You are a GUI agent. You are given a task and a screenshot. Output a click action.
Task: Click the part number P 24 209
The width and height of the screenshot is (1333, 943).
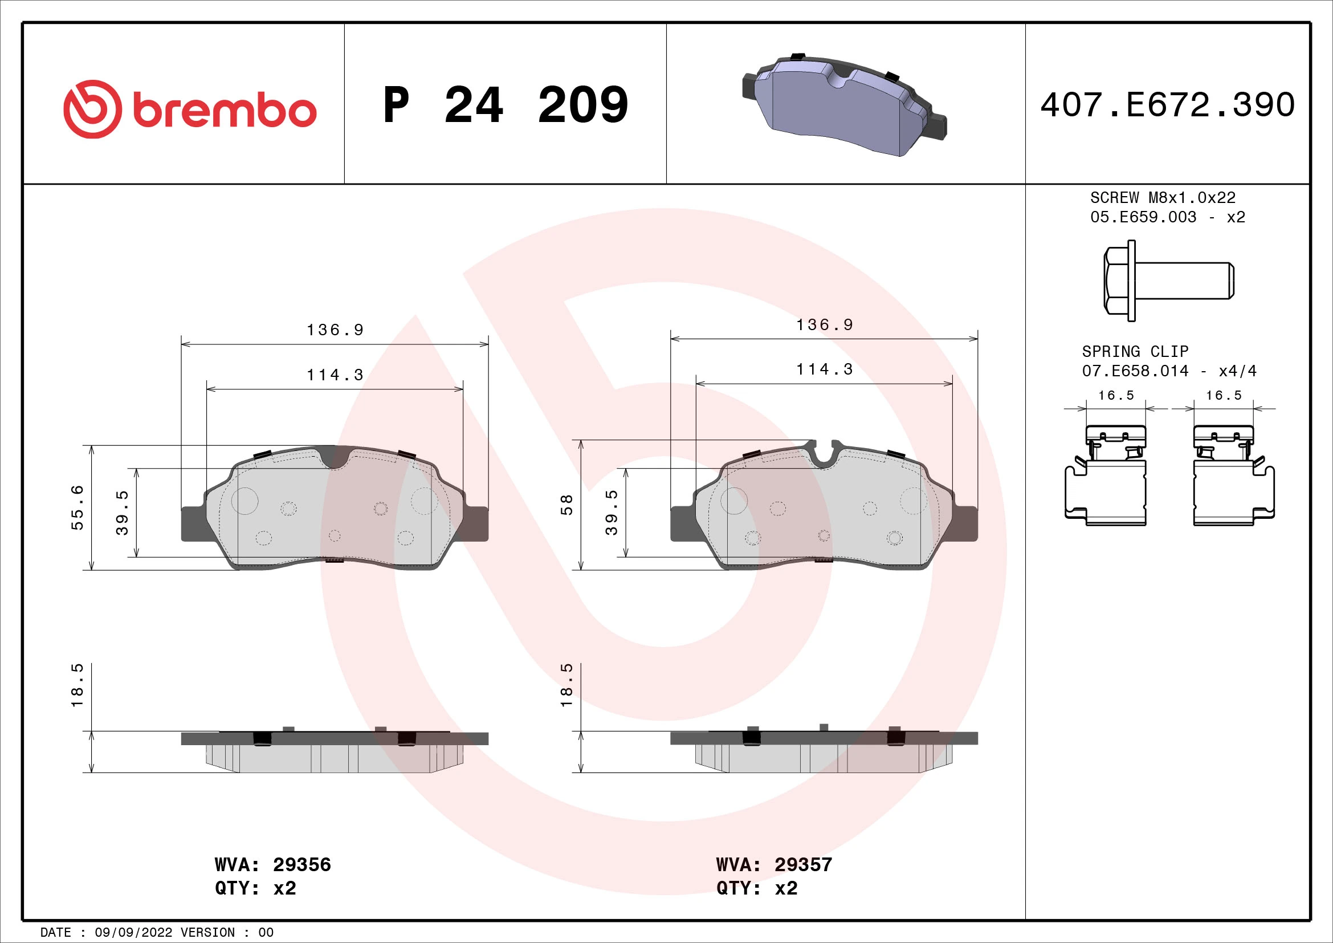pos(505,105)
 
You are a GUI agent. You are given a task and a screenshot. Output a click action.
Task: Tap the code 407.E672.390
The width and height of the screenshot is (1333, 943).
pos(1168,105)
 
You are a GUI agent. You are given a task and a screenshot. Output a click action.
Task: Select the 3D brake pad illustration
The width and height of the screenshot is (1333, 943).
pos(844,105)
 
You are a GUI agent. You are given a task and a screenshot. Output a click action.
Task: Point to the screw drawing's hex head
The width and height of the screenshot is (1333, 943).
pos(1116,281)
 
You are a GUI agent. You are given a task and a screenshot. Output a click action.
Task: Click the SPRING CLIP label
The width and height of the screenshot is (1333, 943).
pos(1135,351)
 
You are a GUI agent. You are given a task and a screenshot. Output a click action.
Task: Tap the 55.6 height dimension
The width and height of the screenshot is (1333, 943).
pos(77,507)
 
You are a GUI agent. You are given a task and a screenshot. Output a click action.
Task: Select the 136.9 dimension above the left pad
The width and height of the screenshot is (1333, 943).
pos(335,330)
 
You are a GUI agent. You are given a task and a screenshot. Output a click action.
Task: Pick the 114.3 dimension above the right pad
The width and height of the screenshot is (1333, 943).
pos(825,369)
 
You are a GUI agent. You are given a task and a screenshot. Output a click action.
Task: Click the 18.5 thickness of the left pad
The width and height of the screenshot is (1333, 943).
pos(77,685)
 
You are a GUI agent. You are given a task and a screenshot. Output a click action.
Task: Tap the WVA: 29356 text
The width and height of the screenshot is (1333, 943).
pos(272,865)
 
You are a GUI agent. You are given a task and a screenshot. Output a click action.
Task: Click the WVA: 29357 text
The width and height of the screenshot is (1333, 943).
pos(774,865)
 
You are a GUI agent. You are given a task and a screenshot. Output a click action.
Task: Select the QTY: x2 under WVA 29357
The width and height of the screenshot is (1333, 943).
pos(756,888)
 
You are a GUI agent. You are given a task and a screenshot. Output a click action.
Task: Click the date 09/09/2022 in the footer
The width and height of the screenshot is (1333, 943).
pos(133,932)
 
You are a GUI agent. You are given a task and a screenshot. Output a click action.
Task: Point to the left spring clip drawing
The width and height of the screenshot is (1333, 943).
pos(1106,476)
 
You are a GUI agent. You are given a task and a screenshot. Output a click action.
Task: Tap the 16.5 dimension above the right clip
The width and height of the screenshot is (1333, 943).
pos(1223,396)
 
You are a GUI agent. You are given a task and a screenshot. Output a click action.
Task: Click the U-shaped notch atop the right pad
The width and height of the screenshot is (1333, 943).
pos(825,453)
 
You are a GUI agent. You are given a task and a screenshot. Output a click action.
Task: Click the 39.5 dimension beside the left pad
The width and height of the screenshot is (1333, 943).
pos(122,512)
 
